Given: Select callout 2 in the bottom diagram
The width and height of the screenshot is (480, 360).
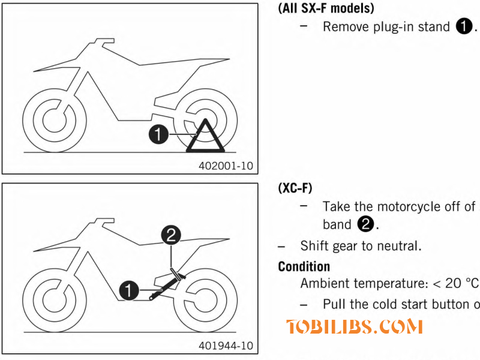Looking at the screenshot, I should click(x=172, y=236).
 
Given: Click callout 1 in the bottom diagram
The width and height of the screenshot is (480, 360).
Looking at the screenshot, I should click(x=127, y=292).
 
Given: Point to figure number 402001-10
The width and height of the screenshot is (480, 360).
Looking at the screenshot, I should click(x=226, y=166).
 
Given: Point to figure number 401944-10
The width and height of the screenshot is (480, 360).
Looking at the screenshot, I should click(x=226, y=346).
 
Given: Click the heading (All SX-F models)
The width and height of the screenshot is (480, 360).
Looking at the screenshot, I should click(x=326, y=8).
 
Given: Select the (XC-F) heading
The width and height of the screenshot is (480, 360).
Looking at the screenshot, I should click(x=295, y=188).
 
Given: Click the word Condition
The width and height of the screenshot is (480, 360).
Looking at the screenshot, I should click(x=304, y=266).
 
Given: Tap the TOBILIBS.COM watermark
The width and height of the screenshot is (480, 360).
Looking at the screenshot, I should click(x=355, y=327).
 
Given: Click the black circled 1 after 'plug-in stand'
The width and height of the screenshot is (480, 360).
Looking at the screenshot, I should click(x=464, y=27).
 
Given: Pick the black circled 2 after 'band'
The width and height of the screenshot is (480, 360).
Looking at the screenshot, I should click(x=365, y=225).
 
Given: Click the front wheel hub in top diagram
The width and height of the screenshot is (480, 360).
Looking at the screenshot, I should click(x=55, y=116).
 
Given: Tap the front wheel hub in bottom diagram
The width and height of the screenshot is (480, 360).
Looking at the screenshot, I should click(x=55, y=298).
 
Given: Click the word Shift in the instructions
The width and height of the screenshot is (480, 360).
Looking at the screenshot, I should click(x=313, y=246).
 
